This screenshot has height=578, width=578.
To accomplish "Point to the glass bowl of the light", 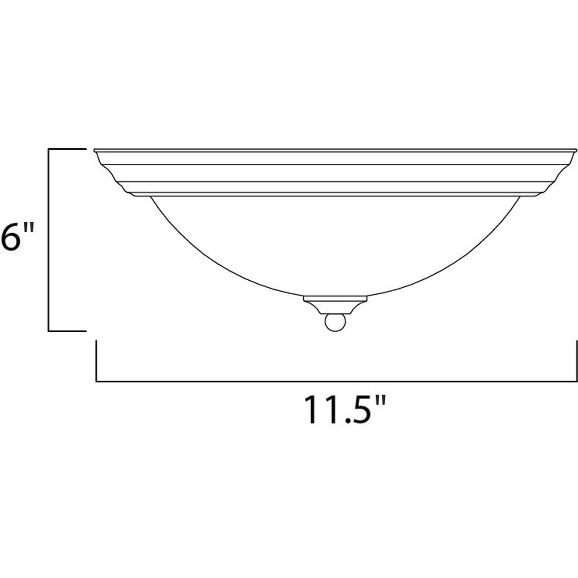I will [335, 245].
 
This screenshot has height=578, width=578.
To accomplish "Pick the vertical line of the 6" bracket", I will [48, 239].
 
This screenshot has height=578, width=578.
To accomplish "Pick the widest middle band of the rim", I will [335, 173].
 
